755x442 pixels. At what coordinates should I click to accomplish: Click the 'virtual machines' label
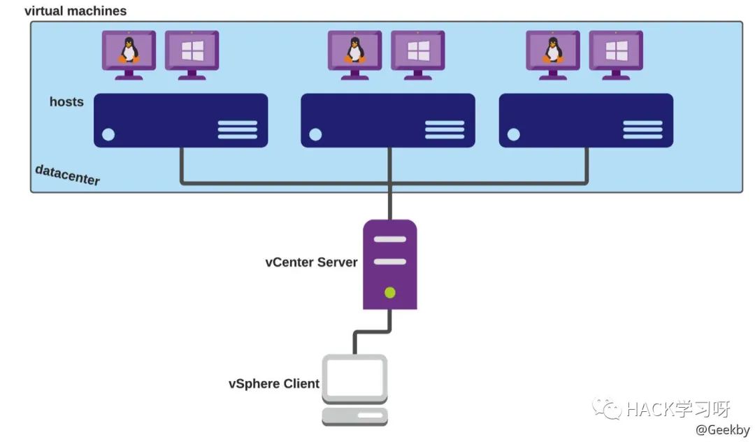[75, 11]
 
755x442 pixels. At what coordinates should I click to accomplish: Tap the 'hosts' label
[66, 102]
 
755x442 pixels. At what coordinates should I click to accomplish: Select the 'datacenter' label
[68, 175]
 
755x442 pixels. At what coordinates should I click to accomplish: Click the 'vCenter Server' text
[311, 263]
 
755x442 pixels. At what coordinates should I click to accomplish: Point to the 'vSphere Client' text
[274, 383]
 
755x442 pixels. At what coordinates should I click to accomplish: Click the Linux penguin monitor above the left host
[129, 52]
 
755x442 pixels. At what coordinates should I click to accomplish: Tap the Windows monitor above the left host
[192, 52]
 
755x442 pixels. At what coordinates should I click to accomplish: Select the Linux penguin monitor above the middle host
[355, 52]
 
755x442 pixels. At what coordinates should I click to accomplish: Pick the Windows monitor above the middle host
[417, 52]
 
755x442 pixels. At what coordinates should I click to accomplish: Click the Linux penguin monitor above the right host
[553, 52]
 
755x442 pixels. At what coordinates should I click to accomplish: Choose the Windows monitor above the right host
[616, 52]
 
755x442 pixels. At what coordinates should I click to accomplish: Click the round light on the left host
[108, 134]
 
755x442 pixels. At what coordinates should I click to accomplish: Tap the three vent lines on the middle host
[445, 129]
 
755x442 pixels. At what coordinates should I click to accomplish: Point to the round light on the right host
[514, 134]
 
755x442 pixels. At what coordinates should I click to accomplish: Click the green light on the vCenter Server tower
[390, 292]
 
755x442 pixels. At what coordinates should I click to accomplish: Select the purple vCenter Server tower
[390, 264]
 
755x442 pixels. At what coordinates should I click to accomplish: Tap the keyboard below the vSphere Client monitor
[354, 417]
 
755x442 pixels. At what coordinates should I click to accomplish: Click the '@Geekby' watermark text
[722, 429]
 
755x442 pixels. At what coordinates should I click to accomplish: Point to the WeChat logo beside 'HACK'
[605, 408]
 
